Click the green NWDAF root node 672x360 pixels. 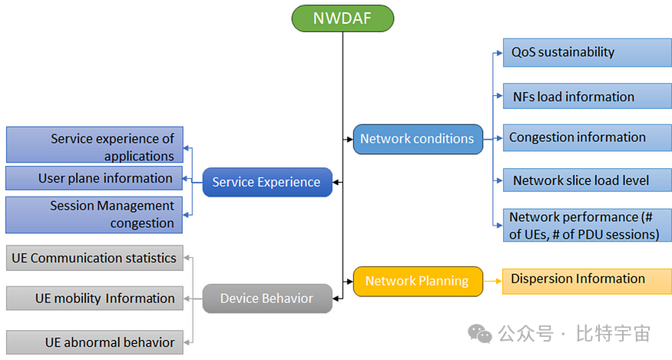[343, 18]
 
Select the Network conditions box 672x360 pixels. [418, 139]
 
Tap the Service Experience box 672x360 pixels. [266, 183]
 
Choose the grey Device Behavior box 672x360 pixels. [266, 299]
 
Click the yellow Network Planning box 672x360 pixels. [417, 281]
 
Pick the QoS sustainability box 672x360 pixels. [587, 52]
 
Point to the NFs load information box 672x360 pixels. [587, 96]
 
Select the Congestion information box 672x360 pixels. [587, 137]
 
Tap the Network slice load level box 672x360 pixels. [587, 180]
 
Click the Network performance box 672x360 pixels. [587, 226]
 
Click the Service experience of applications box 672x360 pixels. [94, 146]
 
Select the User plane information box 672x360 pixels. [94, 178]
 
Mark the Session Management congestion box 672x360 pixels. [94, 214]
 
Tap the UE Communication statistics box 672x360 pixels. [94, 258]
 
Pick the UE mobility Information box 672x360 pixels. [94, 298]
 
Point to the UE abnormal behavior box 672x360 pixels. [94, 342]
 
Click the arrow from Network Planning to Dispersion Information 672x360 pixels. [492, 281]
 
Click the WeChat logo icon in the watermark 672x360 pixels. [482, 334]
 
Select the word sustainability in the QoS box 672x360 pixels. [577, 52]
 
